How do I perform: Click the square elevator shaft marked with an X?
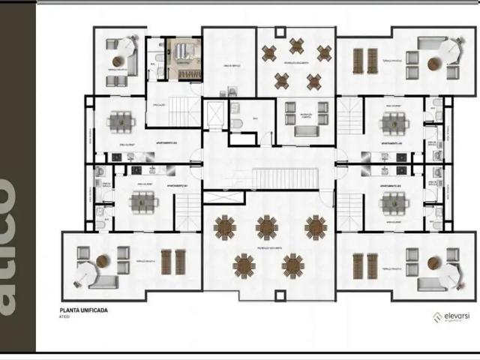pyautogui.click(x=214, y=115)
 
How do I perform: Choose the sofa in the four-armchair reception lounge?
pyautogui.click(x=306, y=131)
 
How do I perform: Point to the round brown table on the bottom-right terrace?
pyautogui.click(x=433, y=263)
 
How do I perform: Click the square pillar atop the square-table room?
pyautogui.click(x=280, y=31)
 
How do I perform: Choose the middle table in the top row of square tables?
pyautogui.click(x=296, y=46)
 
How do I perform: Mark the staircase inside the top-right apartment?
pyautogui.click(x=349, y=116)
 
